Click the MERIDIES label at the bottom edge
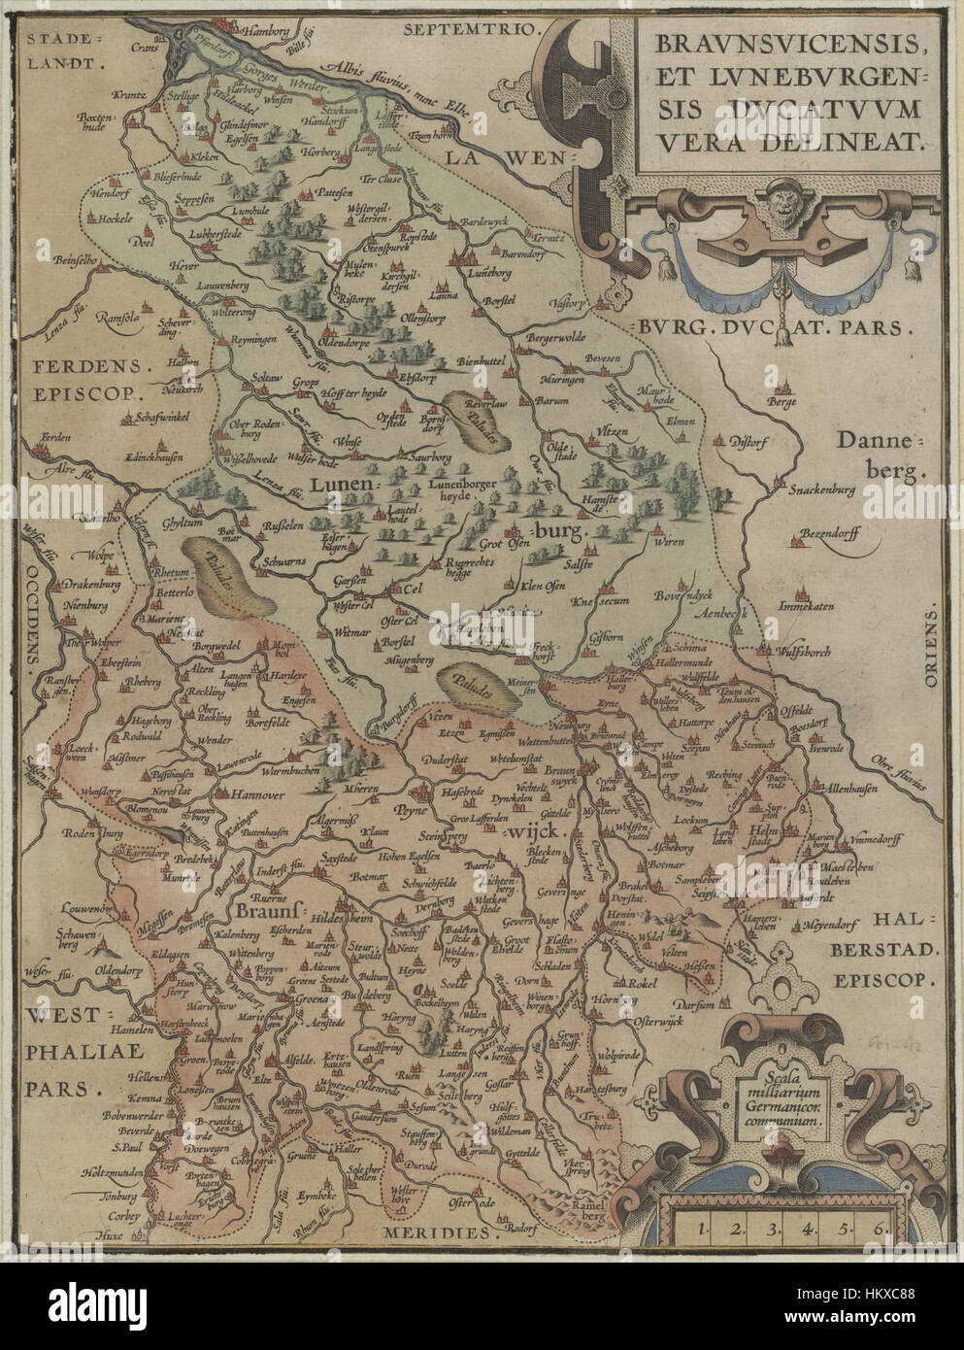[433, 1232]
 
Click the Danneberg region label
[881, 456]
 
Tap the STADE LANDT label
[64, 51]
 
